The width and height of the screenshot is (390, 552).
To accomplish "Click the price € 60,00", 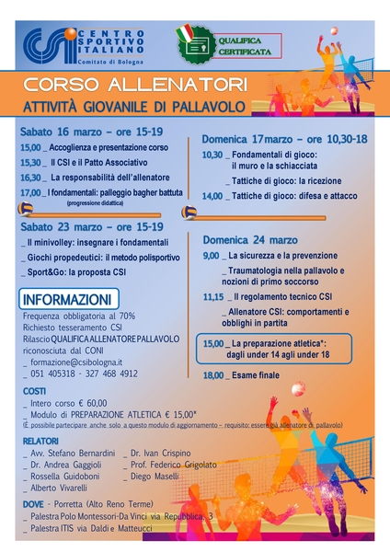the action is pos(90,403).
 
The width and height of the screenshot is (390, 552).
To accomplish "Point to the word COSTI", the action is pos(34,391).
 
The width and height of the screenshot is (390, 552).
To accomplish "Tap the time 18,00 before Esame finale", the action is pos(212,375).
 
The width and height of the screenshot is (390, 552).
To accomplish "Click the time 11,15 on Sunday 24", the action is pos(212,297).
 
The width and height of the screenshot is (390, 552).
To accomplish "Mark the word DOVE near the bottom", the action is pos(33,504).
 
